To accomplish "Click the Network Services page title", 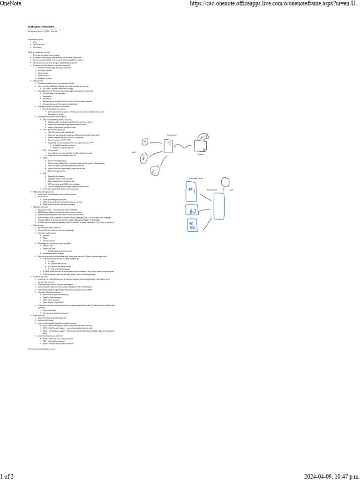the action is click(x=41, y=27).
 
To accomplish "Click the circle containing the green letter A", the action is click(x=145, y=142).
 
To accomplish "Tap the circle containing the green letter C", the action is click(x=153, y=172).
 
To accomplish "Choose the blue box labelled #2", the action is click(x=192, y=211).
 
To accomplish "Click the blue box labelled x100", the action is click(x=192, y=231).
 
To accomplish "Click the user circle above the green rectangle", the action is click(x=226, y=181).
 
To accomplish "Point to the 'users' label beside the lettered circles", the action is click(x=134, y=152).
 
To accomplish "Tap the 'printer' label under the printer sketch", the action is click(x=201, y=154).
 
